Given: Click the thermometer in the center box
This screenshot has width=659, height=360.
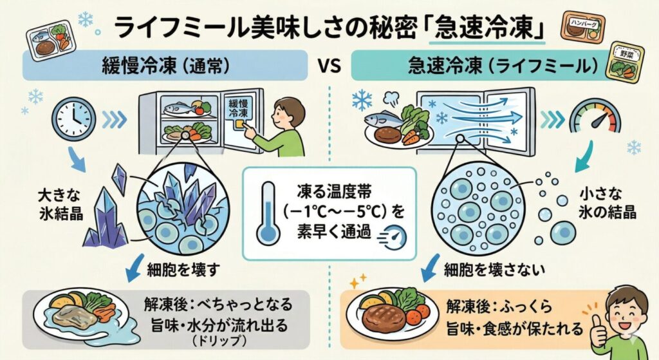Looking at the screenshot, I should coord(266,213).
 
